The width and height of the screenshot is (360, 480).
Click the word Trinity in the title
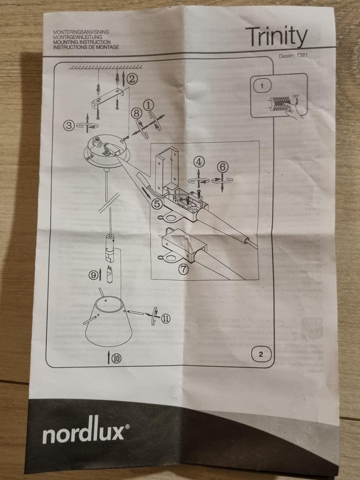pos(276,37)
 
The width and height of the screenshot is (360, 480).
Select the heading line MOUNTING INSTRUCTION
pos(82,43)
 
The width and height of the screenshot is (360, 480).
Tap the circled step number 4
pos(199,162)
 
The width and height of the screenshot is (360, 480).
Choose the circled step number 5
pos(157,204)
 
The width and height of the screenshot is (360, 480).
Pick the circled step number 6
pos(222,165)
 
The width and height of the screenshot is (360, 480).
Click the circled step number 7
pos(183,268)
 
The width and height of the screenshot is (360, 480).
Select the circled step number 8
pos(136,112)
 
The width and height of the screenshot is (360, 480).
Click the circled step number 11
pos(165,318)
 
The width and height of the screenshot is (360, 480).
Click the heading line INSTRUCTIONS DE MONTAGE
pos(87,47)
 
